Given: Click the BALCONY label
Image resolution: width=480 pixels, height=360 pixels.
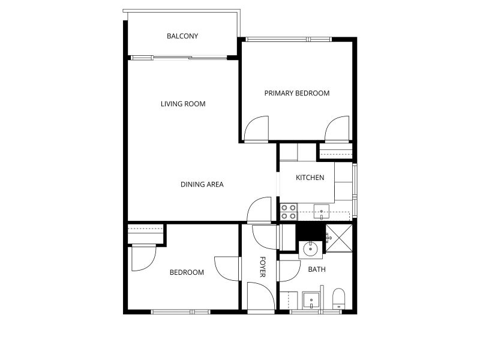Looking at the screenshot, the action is (182, 36).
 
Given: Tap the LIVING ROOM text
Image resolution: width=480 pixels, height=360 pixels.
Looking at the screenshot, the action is (183, 104).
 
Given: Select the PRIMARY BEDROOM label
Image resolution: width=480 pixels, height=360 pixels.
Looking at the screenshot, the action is (297, 93).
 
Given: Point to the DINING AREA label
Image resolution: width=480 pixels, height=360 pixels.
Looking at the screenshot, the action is (202, 184).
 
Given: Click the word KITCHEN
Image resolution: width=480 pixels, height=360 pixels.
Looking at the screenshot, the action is (310, 178).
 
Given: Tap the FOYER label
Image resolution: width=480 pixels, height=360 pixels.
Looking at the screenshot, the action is (262, 266).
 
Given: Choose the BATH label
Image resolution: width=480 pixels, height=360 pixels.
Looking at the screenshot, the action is (317, 269).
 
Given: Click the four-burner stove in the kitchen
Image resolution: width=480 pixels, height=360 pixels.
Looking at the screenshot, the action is (289, 212).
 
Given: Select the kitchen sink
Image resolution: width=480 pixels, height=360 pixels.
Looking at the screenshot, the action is (322, 212).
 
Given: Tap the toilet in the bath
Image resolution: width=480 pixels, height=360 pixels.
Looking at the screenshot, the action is (338, 299).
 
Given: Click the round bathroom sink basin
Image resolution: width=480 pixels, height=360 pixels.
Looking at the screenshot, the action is (311, 250).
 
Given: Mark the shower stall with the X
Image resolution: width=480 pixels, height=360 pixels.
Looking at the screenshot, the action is (339, 238).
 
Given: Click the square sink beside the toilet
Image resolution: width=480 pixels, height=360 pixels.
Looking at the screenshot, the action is (311, 301).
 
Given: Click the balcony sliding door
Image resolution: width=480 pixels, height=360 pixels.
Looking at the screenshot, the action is (179, 58).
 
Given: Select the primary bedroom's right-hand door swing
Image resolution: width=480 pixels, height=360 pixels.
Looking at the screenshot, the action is (337, 129).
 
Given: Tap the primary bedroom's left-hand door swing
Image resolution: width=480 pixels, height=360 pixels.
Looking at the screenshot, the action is (257, 129).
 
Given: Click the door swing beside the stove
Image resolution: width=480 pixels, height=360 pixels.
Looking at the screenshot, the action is (259, 209).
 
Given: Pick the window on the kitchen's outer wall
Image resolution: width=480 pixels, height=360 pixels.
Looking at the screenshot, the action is (355, 190).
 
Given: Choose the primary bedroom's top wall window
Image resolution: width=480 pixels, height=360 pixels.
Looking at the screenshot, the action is (289, 39).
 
